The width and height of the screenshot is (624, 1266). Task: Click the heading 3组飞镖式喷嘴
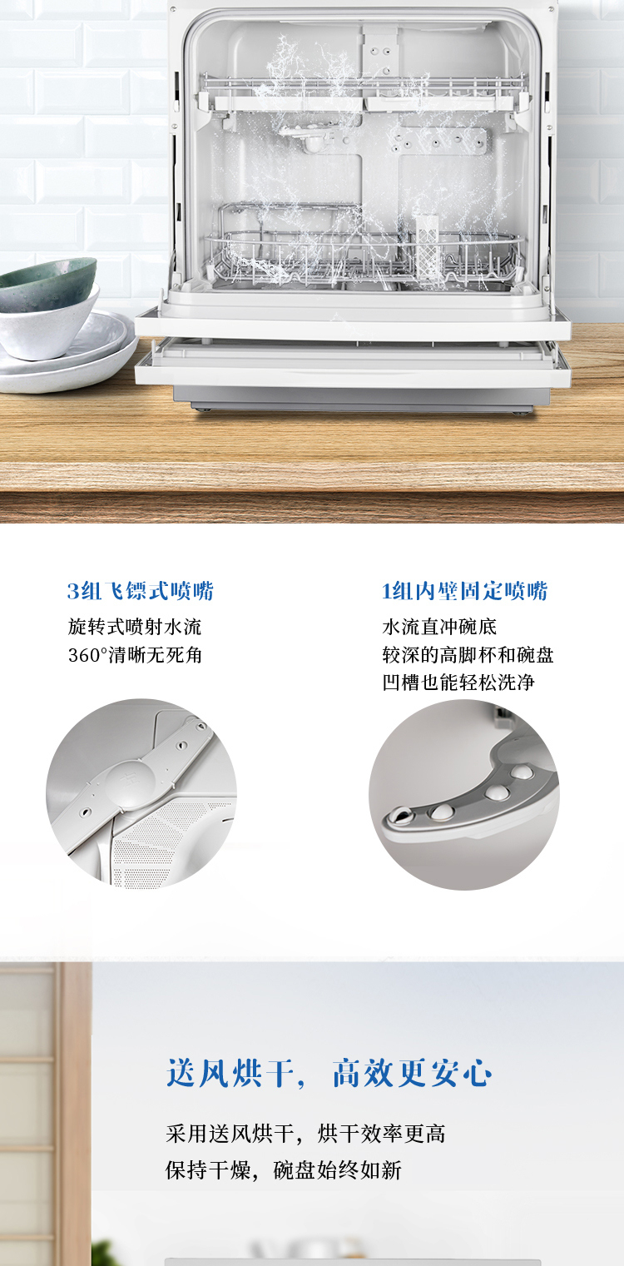coord(141,591)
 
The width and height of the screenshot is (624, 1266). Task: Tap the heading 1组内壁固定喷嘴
coord(465,591)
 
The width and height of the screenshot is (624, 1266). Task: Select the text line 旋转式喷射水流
coord(135,627)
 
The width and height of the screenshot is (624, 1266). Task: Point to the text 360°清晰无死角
coord(135,655)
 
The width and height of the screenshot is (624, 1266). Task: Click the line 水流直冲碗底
coord(439,627)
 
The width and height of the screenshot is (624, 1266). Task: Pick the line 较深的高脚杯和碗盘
coord(468,655)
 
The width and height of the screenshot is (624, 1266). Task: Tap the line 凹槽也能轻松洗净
coord(458,683)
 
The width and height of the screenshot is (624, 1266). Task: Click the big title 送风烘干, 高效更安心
coord(329,1073)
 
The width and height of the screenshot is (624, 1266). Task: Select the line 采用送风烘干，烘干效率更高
coord(305,1133)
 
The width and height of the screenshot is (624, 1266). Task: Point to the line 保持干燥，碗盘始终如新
coord(284,1169)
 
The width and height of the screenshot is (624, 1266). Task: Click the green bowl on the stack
coord(48,283)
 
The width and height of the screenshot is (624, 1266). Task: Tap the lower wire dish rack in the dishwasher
coord(364,251)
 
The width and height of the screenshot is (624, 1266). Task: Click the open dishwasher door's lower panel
coord(353,364)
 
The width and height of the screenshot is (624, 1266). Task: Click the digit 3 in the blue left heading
coord(73,591)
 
